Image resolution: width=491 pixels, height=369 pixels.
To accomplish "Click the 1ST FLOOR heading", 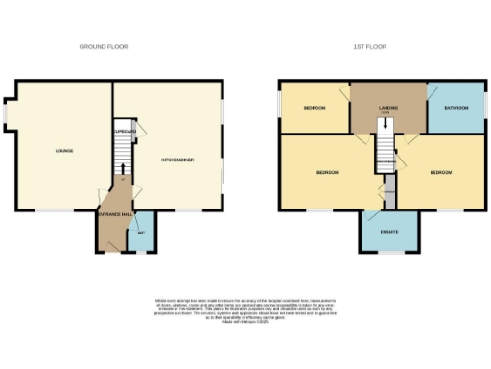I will pyautogui.click(x=368, y=46).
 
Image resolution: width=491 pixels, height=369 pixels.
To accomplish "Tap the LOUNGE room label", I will pyautogui.click(x=64, y=151).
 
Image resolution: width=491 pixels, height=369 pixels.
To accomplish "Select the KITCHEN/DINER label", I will pyautogui.click(x=177, y=159).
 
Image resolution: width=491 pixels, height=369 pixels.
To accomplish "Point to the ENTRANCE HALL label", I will pyautogui.click(x=114, y=215).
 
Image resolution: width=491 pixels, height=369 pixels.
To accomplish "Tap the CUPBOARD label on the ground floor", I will pyautogui.click(x=125, y=131).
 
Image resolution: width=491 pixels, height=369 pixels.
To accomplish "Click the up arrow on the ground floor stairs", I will pyautogui.click(x=123, y=181).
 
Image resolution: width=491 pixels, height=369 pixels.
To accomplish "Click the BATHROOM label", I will pyautogui.click(x=456, y=108).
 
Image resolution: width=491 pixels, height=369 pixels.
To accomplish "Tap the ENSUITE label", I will pyautogui.click(x=389, y=232).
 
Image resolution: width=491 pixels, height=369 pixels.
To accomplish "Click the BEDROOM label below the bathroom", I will pyautogui.click(x=440, y=173).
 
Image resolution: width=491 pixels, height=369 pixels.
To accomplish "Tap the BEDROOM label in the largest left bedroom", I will pyautogui.click(x=327, y=173).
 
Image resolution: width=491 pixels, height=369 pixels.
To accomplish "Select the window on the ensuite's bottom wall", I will pyautogui.click(x=389, y=253).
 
